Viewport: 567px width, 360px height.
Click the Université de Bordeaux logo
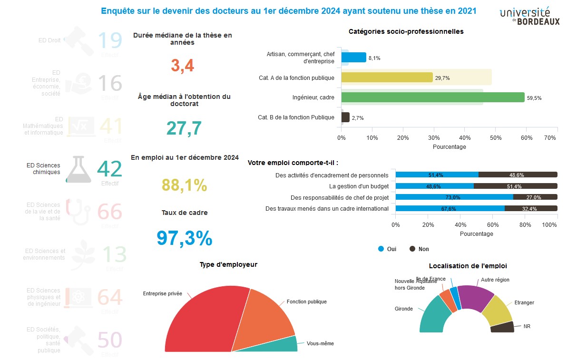pyautogui.click(x=529, y=16)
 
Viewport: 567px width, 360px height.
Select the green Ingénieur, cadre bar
pyautogui.click(x=432, y=97)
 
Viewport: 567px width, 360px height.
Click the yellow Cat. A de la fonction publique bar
pyautogui.click(x=387, y=78)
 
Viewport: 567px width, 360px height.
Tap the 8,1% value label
pyautogui.click(x=374, y=58)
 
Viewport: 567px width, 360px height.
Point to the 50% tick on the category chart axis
pyautogui.click(x=496, y=138)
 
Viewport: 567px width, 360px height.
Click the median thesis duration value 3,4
pyautogui.click(x=183, y=65)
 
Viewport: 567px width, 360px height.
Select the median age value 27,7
pyautogui.click(x=184, y=128)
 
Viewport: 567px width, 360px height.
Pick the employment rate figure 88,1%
pyautogui.click(x=185, y=185)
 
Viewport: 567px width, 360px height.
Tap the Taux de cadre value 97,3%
pyautogui.click(x=184, y=238)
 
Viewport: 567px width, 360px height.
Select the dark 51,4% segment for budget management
pyautogui.click(x=515, y=186)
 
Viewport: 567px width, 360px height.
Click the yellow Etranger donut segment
pyautogui.click(x=497, y=310)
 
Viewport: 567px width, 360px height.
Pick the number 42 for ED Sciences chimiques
pyautogui.click(x=109, y=169)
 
